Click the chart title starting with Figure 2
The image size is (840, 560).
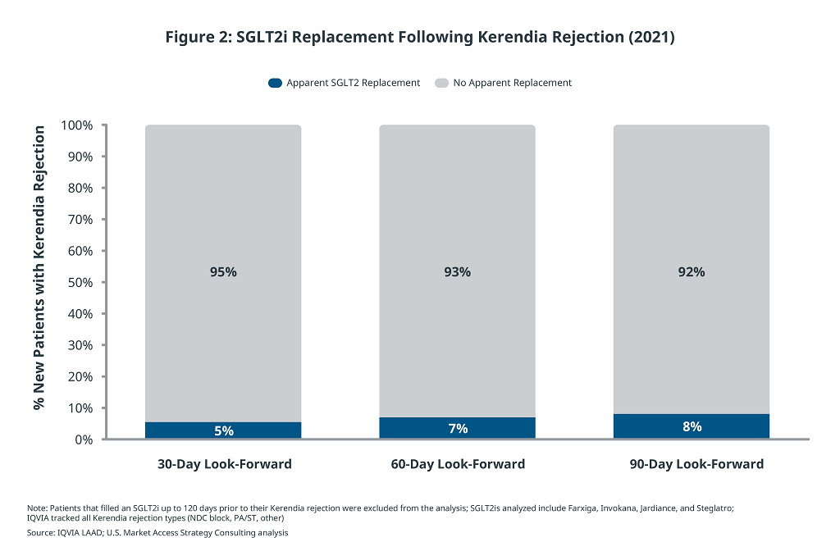pos(419,37)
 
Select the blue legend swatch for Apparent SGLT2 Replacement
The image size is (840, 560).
pos(275,83)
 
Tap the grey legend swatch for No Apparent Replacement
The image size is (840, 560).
pos(441,83)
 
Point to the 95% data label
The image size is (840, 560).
pos(223,272)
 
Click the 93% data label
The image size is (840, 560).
pos(457,272)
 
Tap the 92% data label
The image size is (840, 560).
pos(692,272)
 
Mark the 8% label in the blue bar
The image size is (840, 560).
pos(692,426)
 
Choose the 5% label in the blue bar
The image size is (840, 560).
pos(223,430)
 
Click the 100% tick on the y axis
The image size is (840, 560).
pos(76,125)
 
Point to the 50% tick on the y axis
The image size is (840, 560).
pos(80,283)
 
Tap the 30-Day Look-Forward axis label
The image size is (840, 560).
pos(224,464)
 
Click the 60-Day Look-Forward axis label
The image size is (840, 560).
pos(458,464)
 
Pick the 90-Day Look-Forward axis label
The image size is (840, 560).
pos(696,464)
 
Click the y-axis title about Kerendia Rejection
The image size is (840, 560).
pos(39,267)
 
